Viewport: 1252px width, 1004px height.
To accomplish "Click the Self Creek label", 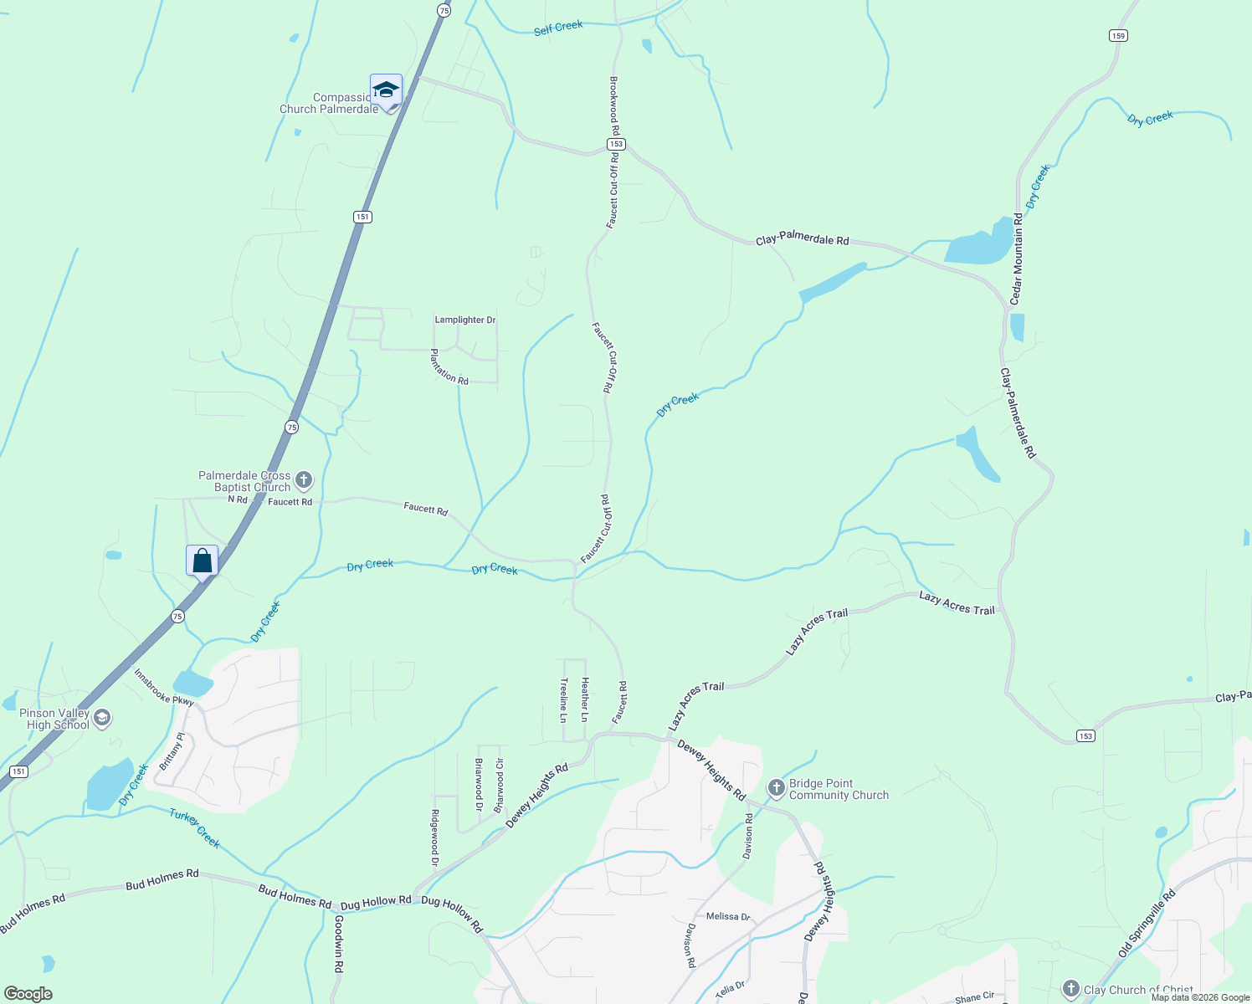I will tap(558, 27).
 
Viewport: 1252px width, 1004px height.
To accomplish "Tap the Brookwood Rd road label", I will tap(614, 105).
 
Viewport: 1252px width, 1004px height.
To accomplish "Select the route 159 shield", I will tap(1119, 35).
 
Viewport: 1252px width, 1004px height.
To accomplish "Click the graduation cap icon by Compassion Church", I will tap(386, 90).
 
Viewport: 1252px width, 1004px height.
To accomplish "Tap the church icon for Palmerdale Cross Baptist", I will tap(304, 480).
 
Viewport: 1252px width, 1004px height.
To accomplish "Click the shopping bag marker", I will tap(203, 560).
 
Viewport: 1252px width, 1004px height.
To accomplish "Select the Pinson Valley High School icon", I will tap(102, 718).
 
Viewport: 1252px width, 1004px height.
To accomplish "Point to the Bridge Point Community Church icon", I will tap(776, 788).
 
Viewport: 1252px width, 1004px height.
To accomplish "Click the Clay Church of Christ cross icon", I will tap(1070, 989).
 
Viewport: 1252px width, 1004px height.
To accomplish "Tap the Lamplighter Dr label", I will tap(464, 320).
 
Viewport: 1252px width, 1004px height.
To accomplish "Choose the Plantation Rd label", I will tap(449, 366).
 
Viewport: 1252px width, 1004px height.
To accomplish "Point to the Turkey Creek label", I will tap(195, 828).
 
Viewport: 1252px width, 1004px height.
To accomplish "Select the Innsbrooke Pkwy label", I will tap(164, 687).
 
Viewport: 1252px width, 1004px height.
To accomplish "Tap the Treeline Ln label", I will tap(563, 699).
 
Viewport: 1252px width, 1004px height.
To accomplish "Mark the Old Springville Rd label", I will tap(1147, 924).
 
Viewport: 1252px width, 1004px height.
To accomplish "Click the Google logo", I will tap(28, 994).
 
